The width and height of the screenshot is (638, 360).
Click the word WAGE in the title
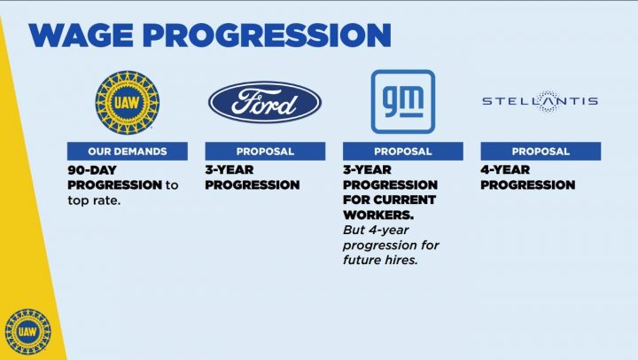[x=81, y=35]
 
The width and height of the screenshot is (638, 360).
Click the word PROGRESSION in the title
[x=267, y=35]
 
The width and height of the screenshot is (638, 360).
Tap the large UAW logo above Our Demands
[x=128, y=102]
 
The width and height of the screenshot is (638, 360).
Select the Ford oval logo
[x=265, y=102]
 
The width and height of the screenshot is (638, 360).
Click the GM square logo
[x=403, y=102]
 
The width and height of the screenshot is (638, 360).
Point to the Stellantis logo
[x=540, y=101]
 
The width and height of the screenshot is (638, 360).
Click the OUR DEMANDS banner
[x=128, y=151]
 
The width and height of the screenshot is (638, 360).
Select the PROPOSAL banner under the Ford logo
[x=265, y=151]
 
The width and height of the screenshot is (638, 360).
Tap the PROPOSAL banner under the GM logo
[x=403, y=151]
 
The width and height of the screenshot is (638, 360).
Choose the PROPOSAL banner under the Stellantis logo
[x=541, y=151]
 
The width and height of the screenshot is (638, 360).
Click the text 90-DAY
[x=92, y=170]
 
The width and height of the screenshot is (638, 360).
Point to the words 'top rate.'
[x=95, y=200]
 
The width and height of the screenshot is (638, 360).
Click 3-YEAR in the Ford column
[x=230, y=170]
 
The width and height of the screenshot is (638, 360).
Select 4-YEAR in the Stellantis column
[x=505, y=170]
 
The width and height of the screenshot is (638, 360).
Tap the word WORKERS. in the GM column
[x=378, y=215]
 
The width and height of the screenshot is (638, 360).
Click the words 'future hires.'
[x=380, y=260]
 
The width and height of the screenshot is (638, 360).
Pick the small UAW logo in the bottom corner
[x=27, y=332]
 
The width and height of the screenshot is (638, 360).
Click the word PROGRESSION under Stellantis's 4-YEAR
[x=528, y=185]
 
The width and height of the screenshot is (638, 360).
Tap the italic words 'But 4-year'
[x=376, y=230]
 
